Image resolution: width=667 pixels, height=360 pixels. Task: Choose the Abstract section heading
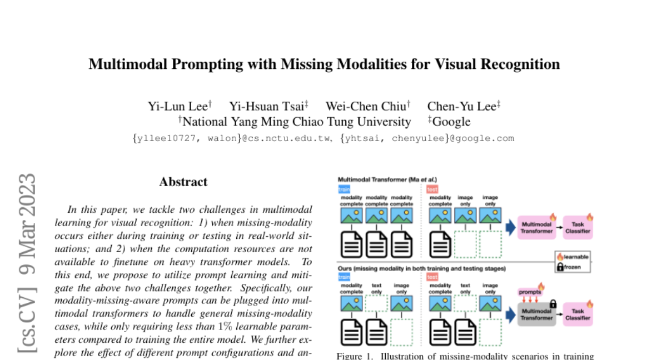click(183, 182)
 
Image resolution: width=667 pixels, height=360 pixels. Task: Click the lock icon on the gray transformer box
click(552, 303)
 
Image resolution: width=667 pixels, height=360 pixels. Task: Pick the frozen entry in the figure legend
click(572, 267)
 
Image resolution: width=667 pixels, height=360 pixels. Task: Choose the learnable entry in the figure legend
click(572, 257)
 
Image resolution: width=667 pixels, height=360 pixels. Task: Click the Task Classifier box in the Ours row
click(578, 314)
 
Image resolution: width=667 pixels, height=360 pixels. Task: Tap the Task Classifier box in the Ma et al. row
click(578, 227)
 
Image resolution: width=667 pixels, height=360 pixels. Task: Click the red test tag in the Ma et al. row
click(432, 189)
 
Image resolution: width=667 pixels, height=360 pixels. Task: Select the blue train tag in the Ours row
click(345, 277)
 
